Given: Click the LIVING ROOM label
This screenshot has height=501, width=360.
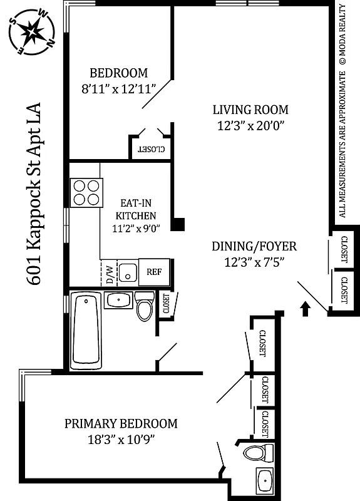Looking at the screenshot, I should (250, 110).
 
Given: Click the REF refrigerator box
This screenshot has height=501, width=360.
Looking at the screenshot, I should (155, 272).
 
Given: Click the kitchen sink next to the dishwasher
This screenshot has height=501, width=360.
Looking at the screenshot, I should (128, 272).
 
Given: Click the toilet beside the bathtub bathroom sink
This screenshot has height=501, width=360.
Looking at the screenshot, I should (145, 306).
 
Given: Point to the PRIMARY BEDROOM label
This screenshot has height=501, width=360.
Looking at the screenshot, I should (121, 424).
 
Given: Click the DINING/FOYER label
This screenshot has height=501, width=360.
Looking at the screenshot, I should (254, 247).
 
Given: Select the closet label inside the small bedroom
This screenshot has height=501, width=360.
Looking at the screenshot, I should (151, 149).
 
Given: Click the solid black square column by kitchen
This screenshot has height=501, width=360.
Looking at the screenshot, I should (179, 224).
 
